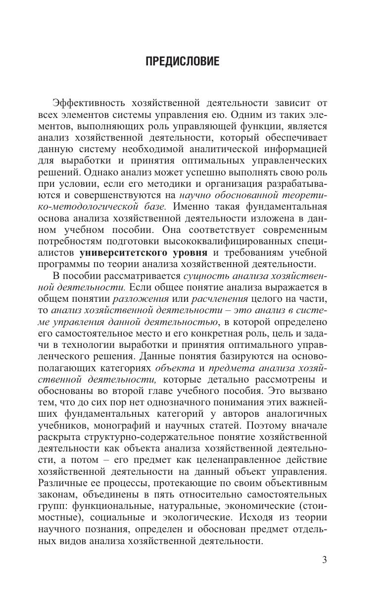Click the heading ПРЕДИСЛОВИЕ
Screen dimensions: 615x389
[182, 62]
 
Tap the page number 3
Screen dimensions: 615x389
[325, 560]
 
